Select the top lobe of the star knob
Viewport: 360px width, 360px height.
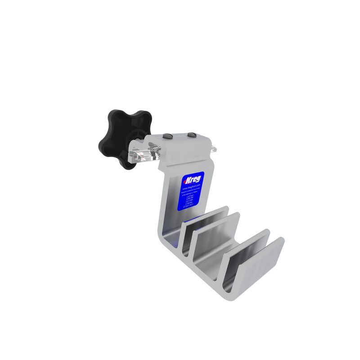coord(120,117)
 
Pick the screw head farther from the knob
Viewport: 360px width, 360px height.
coord(191,135)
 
